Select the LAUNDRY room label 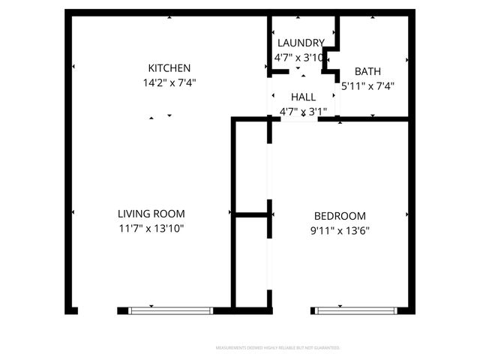300,43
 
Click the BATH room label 367,72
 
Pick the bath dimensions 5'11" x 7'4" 367,85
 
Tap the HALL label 303,97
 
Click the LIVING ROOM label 151,214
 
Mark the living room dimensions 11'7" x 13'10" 151,228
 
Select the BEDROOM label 340,216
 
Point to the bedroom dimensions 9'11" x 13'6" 340,230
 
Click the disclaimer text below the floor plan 278,348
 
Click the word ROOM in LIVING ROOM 169,214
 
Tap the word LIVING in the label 135,214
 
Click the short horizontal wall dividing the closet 251,214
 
